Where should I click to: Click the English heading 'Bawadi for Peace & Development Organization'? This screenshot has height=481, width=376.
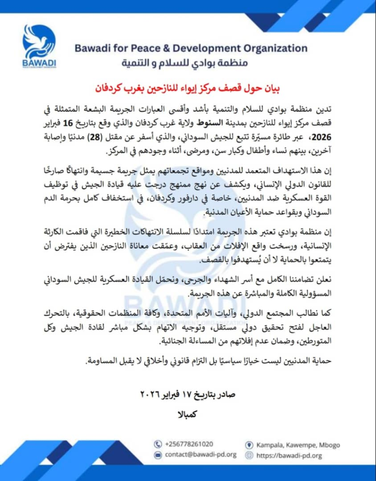(x=190, y=48)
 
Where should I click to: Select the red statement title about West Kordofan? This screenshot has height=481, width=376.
(x=188, y=87)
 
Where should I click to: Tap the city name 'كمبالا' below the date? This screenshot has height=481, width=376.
(x=188, y=414)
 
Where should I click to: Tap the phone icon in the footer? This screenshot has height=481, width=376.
(x=158, y=444)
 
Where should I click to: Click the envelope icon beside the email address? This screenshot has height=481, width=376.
(x=158, y=455)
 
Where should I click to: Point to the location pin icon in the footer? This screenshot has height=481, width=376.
(x=249, y=444)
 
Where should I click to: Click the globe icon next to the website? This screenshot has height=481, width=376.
(x=249, y=455)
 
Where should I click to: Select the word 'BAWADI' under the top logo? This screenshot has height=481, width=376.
(x=39, y=63)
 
